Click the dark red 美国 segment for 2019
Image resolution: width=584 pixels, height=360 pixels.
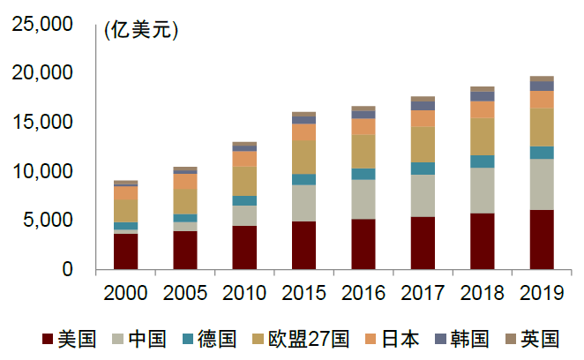[x=542, y=239]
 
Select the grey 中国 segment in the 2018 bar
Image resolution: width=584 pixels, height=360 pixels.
[x=483, y=191]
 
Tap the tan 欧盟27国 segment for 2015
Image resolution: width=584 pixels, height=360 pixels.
[x=304, y=157]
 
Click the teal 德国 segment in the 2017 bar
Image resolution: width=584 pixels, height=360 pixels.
[x=423, y=169]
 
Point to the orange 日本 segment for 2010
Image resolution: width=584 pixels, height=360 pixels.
[x=244, y=159]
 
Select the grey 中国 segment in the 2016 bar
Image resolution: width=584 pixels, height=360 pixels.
[x=363, y=199]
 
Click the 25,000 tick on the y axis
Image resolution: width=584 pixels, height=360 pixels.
[x=41, y=24]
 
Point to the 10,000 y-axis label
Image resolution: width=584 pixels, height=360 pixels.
[x=41, y=171]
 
